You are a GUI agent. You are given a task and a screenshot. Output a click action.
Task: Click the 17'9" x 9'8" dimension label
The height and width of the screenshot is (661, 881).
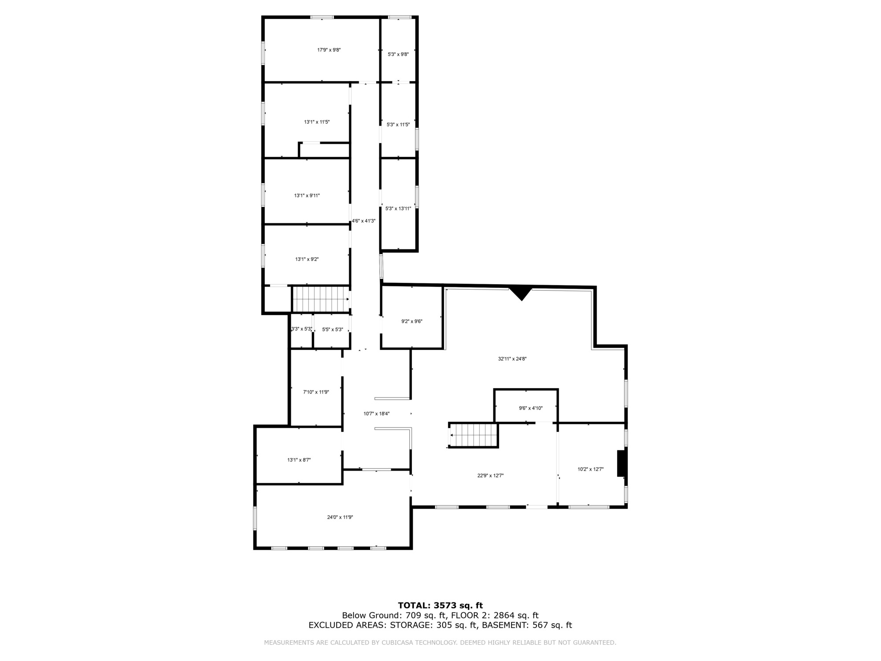click(x=329, y=50)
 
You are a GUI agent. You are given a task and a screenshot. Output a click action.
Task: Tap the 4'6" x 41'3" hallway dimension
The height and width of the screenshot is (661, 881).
click(x=363, y=221)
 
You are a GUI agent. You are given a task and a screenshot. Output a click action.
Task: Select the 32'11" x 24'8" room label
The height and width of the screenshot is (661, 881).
click(x=512, y=359)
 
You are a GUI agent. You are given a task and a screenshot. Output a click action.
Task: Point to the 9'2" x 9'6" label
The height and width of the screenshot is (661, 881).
click(x=412, y=322)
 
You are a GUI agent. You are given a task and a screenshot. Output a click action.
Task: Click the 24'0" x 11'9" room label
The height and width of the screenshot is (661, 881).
click(x=340, y=517)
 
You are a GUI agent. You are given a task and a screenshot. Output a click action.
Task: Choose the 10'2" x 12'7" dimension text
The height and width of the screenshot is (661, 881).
click(x=591, y=469)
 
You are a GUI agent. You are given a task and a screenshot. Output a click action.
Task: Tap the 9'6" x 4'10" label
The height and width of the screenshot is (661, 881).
click(x=531, y=408)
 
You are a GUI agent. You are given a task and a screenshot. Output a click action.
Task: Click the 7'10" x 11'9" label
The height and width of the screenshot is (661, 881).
click(x=316, y=392)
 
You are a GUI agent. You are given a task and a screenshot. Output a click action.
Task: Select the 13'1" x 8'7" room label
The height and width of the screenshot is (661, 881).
click(x=299, y=460)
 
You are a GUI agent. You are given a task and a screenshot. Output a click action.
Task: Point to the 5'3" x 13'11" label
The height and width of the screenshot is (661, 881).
click(x=398, y=209)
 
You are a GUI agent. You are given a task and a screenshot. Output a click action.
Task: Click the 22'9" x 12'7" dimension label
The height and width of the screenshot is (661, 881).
click(x=490, y=476)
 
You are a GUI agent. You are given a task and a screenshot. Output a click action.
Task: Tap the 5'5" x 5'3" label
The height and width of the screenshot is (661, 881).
click(x=333, y=330)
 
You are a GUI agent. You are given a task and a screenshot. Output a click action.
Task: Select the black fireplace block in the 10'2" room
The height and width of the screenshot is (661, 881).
click(x=622, y=463)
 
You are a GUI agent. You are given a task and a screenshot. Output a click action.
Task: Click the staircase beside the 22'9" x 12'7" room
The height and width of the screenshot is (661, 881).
click(x=474, y=435)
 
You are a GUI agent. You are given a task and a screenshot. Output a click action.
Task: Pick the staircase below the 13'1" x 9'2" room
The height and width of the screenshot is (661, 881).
click(x=321, y=299)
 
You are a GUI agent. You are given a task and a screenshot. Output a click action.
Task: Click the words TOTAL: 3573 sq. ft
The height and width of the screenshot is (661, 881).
click(x=440, y=606)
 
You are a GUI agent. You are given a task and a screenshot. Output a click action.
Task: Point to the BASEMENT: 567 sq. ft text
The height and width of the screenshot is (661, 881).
click(x=527, y=625)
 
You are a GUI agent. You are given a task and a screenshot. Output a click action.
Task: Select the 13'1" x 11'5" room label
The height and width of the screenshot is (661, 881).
click(x=317, y=122)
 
